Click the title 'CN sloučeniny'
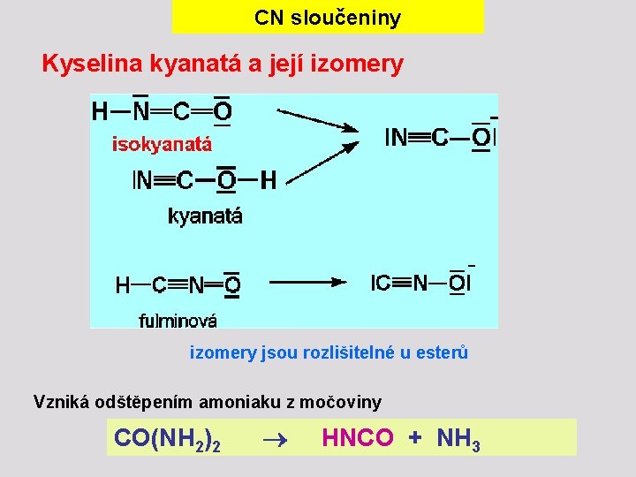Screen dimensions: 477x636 click(327, 18)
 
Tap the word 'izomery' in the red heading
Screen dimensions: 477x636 click(357, 64)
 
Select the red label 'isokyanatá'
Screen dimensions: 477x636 click(162, 144)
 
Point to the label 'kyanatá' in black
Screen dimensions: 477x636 click(205, 216)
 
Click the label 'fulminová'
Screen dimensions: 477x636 click(178, 321)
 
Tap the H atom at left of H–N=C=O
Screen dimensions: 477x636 click(100, 111)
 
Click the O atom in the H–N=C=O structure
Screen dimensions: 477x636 click(223, 111)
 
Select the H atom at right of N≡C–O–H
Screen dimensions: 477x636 click(268, 181)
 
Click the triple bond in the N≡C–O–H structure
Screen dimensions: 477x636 click(163, 181)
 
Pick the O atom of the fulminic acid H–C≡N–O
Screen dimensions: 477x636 click(231, 285)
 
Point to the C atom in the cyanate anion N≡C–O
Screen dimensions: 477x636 click(439, 137)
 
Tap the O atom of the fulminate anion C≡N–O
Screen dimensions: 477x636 click(458, 283)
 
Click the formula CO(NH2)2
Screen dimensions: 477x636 click(167, 438)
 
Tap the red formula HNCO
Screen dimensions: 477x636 click(358, 437)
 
